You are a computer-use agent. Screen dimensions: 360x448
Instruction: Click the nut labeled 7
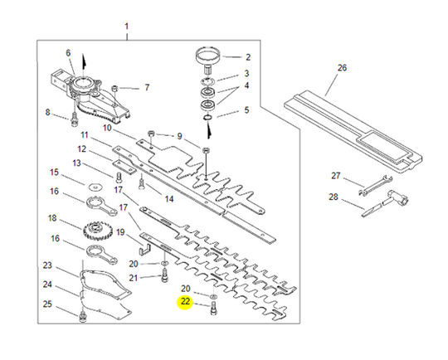tap(116, 87)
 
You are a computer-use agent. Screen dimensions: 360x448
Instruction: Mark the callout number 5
tap(246, 111)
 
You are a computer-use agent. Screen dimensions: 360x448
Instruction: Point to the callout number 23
tap(47, 265)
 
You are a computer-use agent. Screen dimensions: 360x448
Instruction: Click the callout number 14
tap(168, 199)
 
